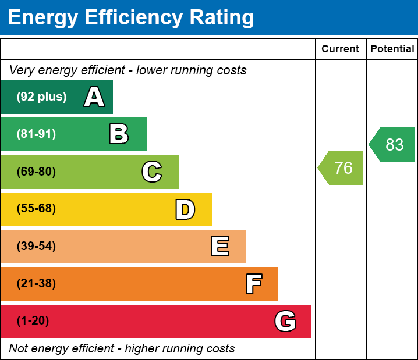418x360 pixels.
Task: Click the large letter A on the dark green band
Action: point(94,97)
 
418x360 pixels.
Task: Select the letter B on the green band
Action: point(119,134)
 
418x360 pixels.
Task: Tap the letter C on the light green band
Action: point(152,172)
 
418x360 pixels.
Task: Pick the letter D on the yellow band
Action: point(185,209)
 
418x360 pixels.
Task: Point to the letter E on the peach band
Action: point(219,247)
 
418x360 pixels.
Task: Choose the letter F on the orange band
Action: point(253,284)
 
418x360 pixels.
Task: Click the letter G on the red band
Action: point(285,321)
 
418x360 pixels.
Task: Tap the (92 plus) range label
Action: point(41,97)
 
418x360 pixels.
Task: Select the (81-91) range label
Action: point(36,134)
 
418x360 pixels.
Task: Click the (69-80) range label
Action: point(36,172)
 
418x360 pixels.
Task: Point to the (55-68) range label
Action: point(36,209)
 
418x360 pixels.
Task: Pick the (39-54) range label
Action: point(36,247)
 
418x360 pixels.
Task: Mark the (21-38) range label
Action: point(36,284)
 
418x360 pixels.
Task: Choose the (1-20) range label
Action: point(33,321)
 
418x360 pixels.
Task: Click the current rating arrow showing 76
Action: point(342,168)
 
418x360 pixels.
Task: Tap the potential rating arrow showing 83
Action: point(393,144)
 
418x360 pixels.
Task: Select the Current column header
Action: point(341,49)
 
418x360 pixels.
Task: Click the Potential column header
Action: point(392,49)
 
